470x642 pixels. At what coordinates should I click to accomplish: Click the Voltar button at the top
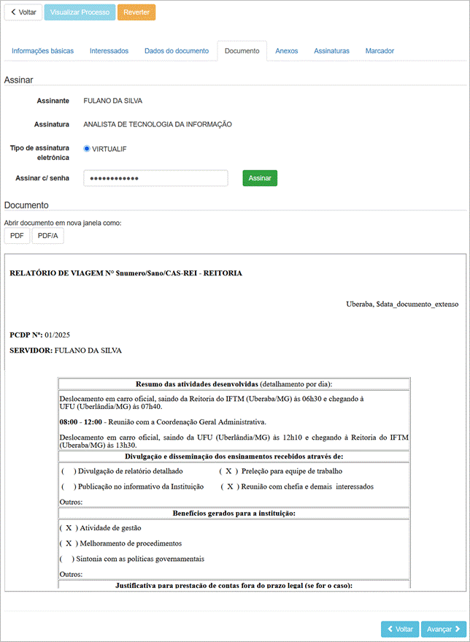point(23,12)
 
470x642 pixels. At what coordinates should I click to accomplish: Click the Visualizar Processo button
point(80,12)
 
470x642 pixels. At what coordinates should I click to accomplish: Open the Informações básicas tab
point(43,51)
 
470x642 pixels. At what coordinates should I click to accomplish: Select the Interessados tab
point(109,51)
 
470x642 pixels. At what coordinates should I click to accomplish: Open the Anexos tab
point(287,51)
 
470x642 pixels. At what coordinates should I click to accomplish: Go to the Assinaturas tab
point(331,51)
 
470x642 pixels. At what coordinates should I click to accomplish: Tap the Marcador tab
point(380,51)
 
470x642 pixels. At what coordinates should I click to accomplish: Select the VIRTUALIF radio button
point(87,149)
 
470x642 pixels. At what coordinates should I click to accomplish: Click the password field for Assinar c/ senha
point(155,178)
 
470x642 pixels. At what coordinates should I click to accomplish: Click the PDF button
point(17,236)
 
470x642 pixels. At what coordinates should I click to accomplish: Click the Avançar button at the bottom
point(444,629)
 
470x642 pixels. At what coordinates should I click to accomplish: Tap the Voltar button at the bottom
point(400,629)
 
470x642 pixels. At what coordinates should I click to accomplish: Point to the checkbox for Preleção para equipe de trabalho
point(228,471)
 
